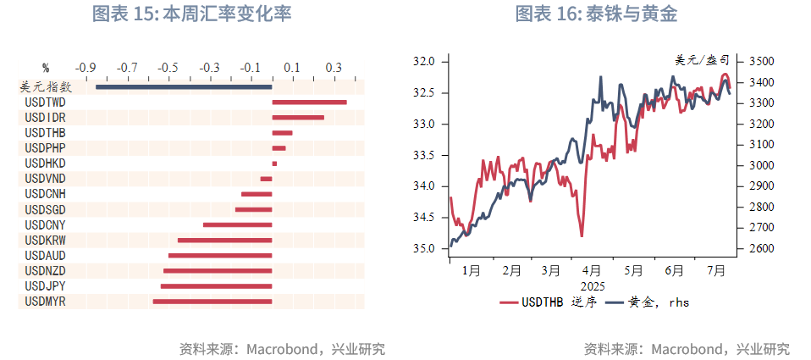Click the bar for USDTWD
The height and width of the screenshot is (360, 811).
(x=309, y=102)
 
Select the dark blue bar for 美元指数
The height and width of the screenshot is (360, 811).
(x=184, y=86)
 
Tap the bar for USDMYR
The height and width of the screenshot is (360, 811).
(x=212, y=301)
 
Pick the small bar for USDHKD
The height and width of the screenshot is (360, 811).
(x=274, y=163)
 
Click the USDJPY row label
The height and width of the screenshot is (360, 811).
(x=46, y=286)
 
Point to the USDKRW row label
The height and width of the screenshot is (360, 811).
(x=46, y=241)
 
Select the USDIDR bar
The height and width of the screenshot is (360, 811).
(x=298, y=118)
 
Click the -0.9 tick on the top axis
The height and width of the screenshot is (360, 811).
(x=86, y=67)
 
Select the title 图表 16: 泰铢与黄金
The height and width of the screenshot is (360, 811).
(x=596, y=14)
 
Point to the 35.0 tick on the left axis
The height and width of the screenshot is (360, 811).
(x=423, y=249)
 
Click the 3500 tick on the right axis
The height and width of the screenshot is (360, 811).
(x=755, y=62)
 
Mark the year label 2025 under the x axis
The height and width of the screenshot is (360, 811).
(x=592, y=286)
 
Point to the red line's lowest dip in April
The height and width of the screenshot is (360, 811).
(x=582, y=235)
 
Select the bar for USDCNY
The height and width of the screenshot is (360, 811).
(x=237, y=224)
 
